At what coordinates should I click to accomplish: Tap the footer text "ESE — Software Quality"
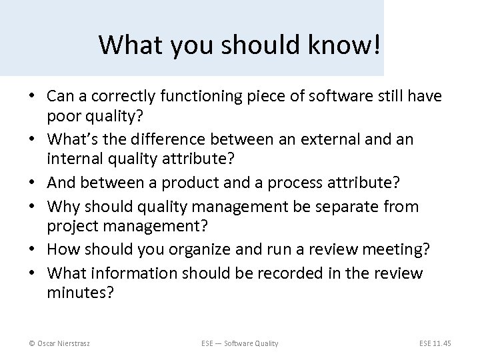tap(240, 343)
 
